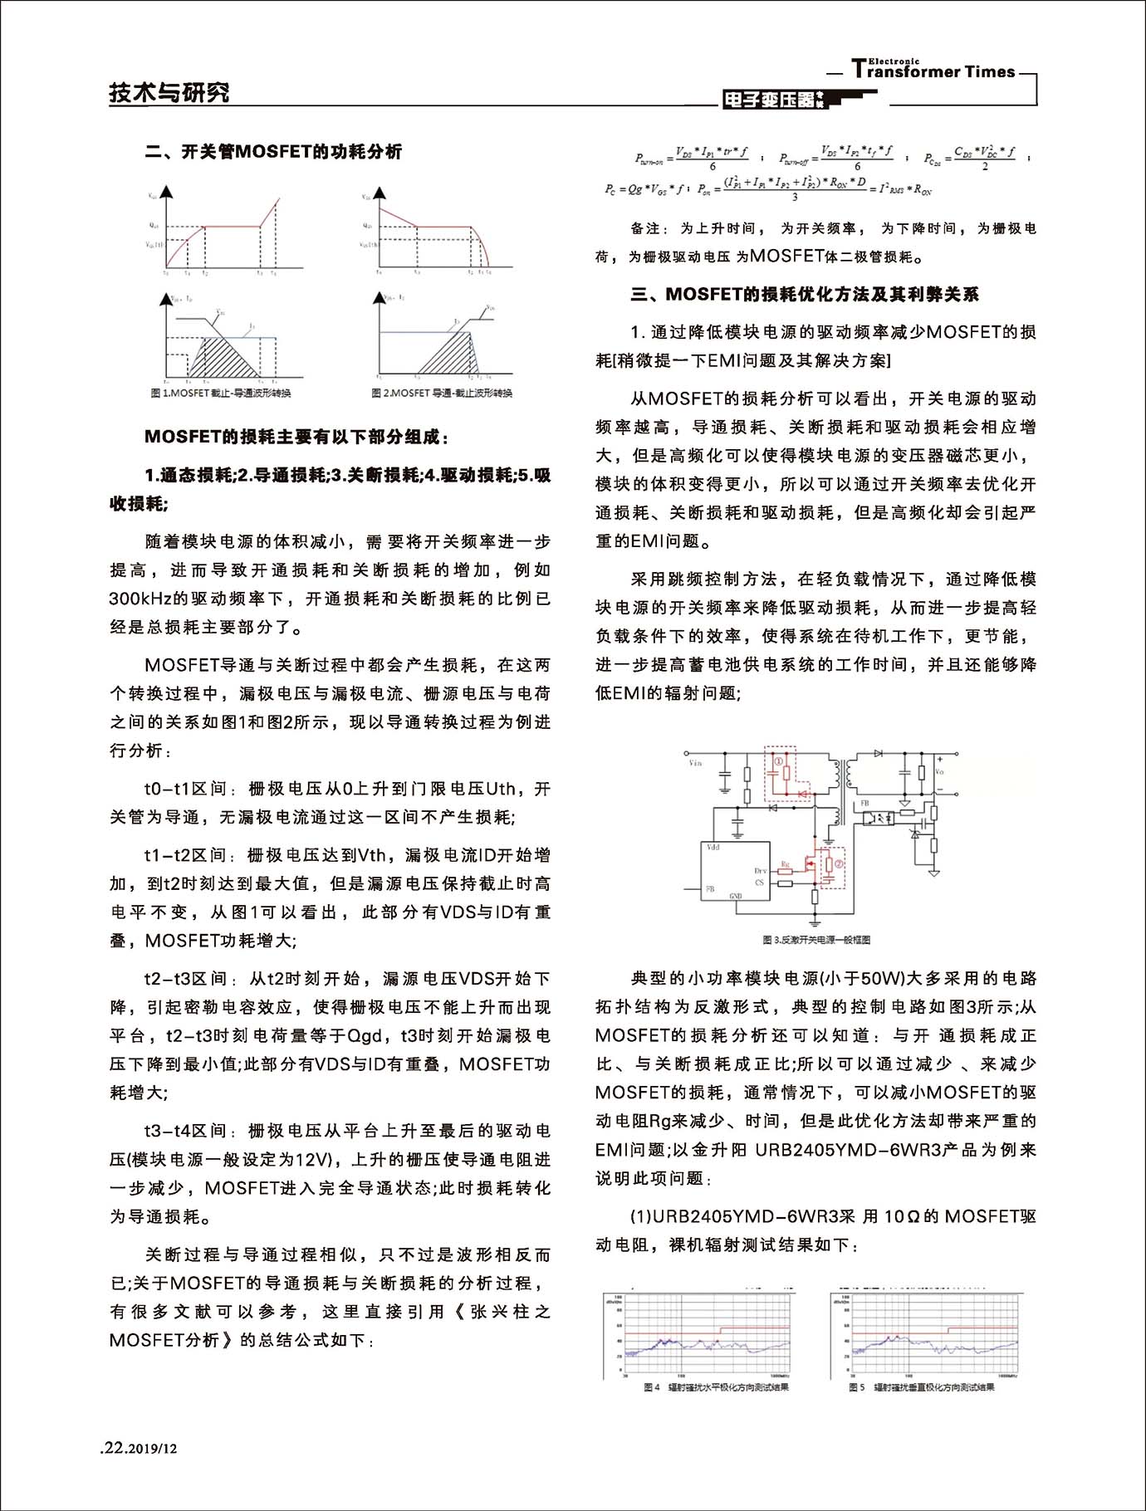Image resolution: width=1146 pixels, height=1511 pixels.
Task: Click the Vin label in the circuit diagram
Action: click(x=694, y=762)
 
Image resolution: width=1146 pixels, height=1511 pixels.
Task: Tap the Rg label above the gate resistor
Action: click(x=786, y=865)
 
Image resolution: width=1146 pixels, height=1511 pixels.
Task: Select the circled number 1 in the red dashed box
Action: click(x=778, y=760)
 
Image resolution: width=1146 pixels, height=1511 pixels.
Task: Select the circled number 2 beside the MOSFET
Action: click(x=839, y=864)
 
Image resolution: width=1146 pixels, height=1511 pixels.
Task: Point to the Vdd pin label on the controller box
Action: click(x=713, y=848)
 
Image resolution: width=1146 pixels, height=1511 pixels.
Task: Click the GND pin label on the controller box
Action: click(x=735, y=897)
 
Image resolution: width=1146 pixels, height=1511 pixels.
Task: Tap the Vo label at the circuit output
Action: click(x=939, y=771)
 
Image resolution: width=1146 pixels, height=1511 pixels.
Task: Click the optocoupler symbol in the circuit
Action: click(x=878, y=817)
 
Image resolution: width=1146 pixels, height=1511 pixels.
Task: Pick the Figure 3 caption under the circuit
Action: click(x=815, y=940)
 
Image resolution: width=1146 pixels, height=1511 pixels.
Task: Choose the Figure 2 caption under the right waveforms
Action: click(x=442, y=393)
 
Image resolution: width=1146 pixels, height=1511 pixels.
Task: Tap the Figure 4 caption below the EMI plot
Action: click(x=716, y=1387)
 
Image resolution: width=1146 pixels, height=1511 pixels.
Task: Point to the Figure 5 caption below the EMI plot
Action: click(x=921, y=1387)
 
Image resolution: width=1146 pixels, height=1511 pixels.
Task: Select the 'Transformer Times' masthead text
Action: click(x=933, y=71)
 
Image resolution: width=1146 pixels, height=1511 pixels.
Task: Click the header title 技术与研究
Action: click(x=169, y=92)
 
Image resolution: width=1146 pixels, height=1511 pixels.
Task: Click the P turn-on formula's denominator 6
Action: click(x=713, y=167)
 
